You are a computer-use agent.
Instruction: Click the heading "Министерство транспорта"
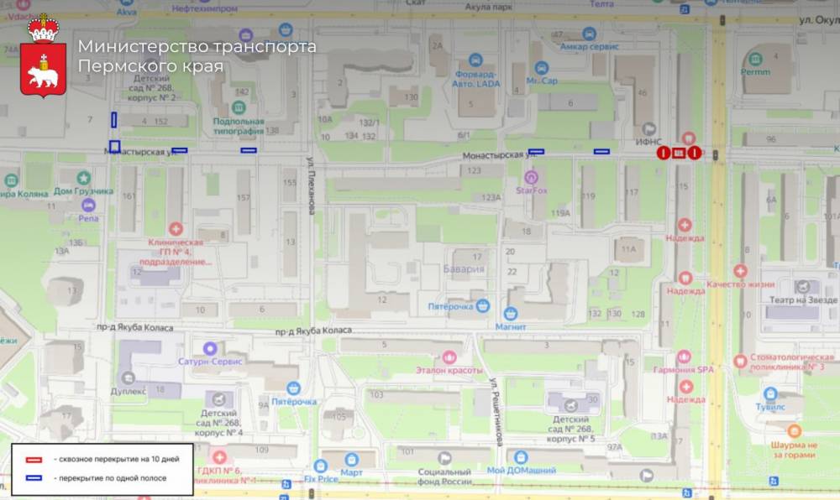197,46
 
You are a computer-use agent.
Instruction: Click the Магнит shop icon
510,313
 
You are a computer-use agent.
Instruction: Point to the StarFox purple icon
530,177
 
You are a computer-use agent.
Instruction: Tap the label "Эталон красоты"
449,369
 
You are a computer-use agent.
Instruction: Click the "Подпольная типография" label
239,127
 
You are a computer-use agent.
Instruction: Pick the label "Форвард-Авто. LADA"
476,78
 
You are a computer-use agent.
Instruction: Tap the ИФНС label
649,143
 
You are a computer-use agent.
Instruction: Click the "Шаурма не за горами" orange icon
794,430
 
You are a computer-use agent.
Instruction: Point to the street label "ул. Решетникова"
496,411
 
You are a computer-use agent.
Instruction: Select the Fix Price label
320,479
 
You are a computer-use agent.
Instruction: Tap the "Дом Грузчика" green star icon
84,178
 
